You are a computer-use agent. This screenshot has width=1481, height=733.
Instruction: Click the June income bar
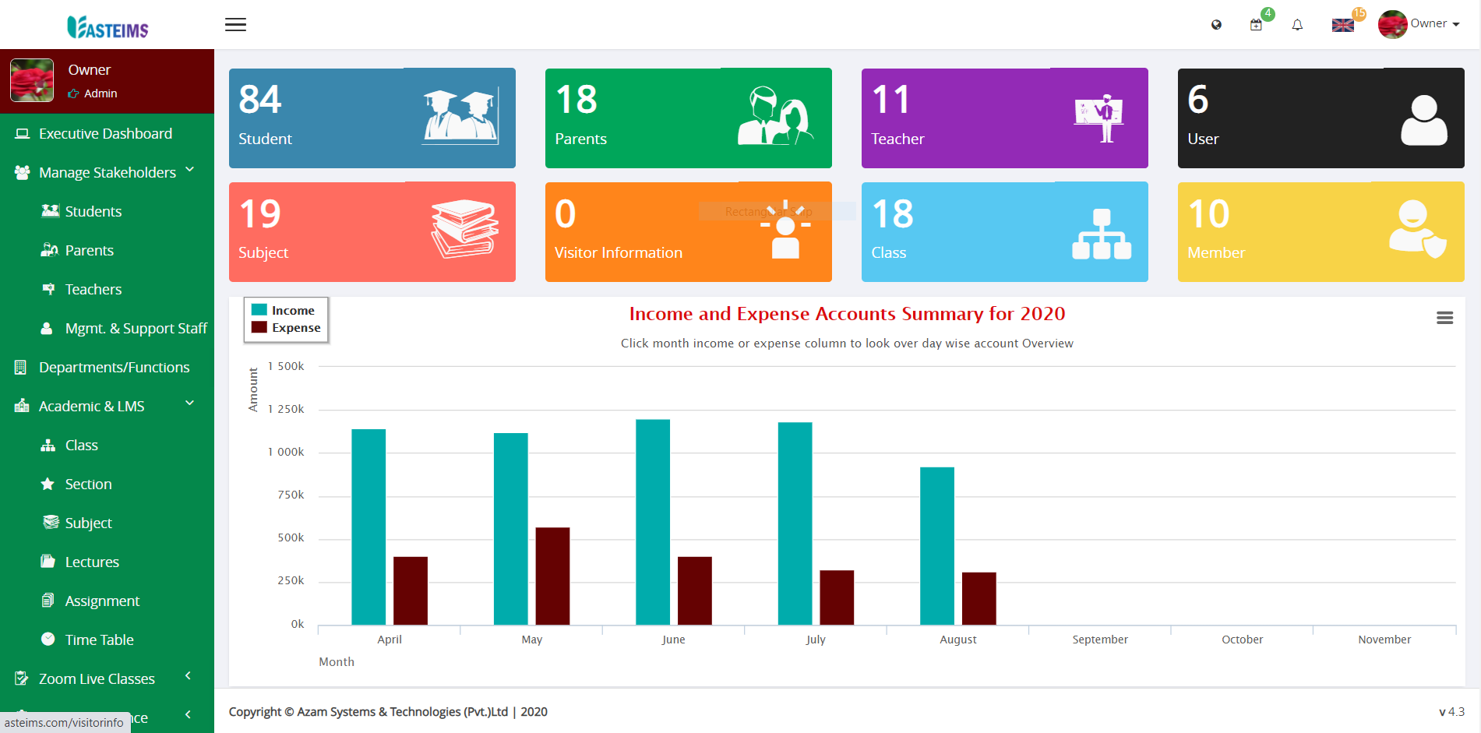(652, 522)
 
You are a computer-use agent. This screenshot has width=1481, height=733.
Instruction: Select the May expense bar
(552, 576)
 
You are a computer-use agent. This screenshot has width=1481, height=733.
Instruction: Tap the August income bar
(936, 545)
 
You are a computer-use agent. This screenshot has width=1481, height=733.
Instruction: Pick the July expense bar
(837, 597)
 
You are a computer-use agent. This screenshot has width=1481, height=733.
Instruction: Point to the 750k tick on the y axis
(291, 495)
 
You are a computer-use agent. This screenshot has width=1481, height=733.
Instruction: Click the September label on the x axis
(1099, 640)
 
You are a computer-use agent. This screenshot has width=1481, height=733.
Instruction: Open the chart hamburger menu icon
(1444, 318)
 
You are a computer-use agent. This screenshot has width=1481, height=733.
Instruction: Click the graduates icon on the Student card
(460, 117)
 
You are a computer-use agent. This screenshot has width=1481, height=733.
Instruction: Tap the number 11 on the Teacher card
(890, 100)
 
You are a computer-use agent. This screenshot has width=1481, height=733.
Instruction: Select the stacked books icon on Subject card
(465, 228)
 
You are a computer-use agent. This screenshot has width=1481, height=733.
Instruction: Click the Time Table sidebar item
(99, 640)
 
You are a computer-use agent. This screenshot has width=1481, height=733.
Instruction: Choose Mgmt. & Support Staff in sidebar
(136, 328)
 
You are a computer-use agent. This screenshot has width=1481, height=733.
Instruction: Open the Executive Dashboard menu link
(105, 133)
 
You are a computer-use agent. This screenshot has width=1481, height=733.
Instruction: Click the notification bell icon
(1297, 25)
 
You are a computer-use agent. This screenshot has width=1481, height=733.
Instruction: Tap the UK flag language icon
(1342, 25)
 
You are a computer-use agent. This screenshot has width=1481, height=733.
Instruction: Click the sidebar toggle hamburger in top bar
(235, 25)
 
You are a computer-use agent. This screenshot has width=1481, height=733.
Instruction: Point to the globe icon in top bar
(1216, 25)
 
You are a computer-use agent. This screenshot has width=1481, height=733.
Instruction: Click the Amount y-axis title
(253, 389)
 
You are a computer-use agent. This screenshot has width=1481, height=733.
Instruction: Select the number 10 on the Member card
(1208, 214)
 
